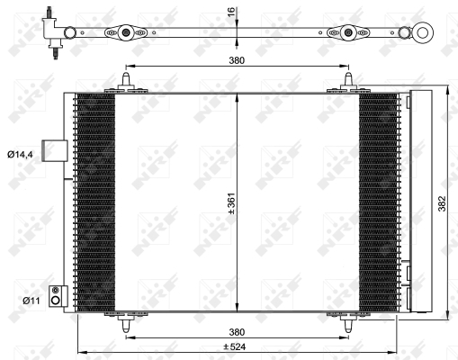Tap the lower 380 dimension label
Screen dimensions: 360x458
[x=237, y=330]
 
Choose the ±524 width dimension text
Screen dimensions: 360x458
[x=237, y=346]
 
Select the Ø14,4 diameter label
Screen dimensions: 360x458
[x=21, y=156]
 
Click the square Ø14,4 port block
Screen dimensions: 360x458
[x=57, y=152]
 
